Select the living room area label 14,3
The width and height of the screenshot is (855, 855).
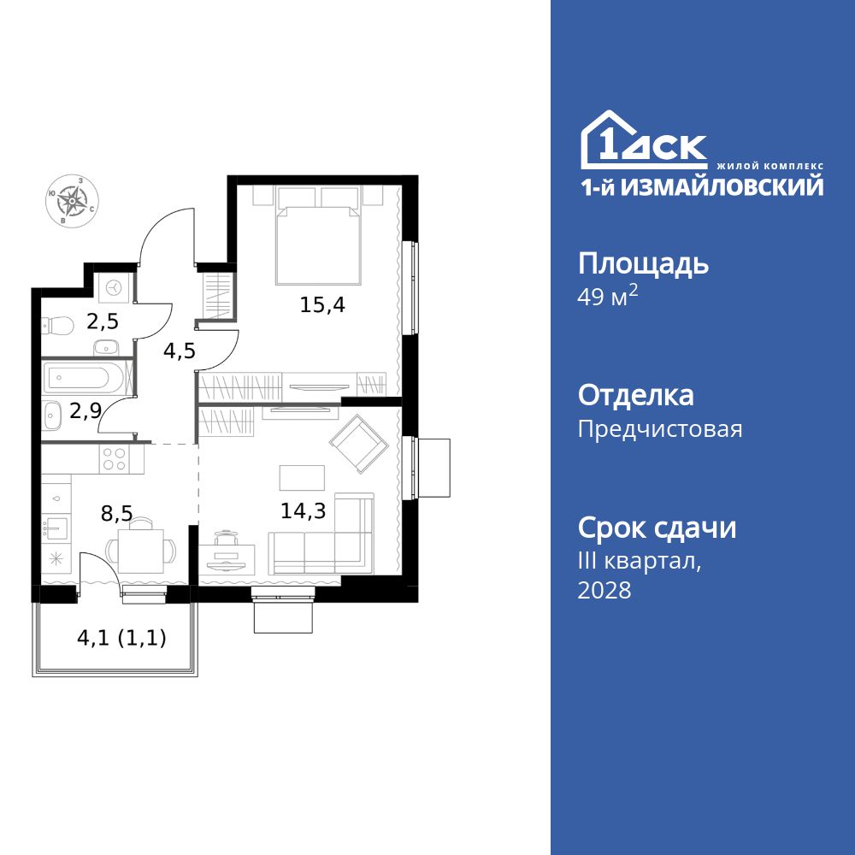pyautogui.click(x=303, y=511)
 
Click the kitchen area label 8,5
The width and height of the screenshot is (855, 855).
pyautogui.click(x=116, y=514)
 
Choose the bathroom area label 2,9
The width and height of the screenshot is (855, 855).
pyautogui.click(x=86, y=411)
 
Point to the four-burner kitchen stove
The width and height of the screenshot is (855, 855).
pyautogui.click(x=115, y=460)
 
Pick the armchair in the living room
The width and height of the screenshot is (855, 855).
pyautogui.click(x=358, y=443)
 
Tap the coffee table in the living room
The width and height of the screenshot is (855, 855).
pyautogui.click(x=302, y=477)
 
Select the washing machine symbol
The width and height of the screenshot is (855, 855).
pyautogui.click(x=112, y=288)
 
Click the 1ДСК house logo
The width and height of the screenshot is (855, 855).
pyautogui.click(x=644, y=142)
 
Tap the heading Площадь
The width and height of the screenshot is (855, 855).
pyautogui.click(x=643, y=264)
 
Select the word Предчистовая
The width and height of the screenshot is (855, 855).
pyautogui.click(x=660, y=429)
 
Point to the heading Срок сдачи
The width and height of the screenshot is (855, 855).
pyautogui.click(x=657, y=528)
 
